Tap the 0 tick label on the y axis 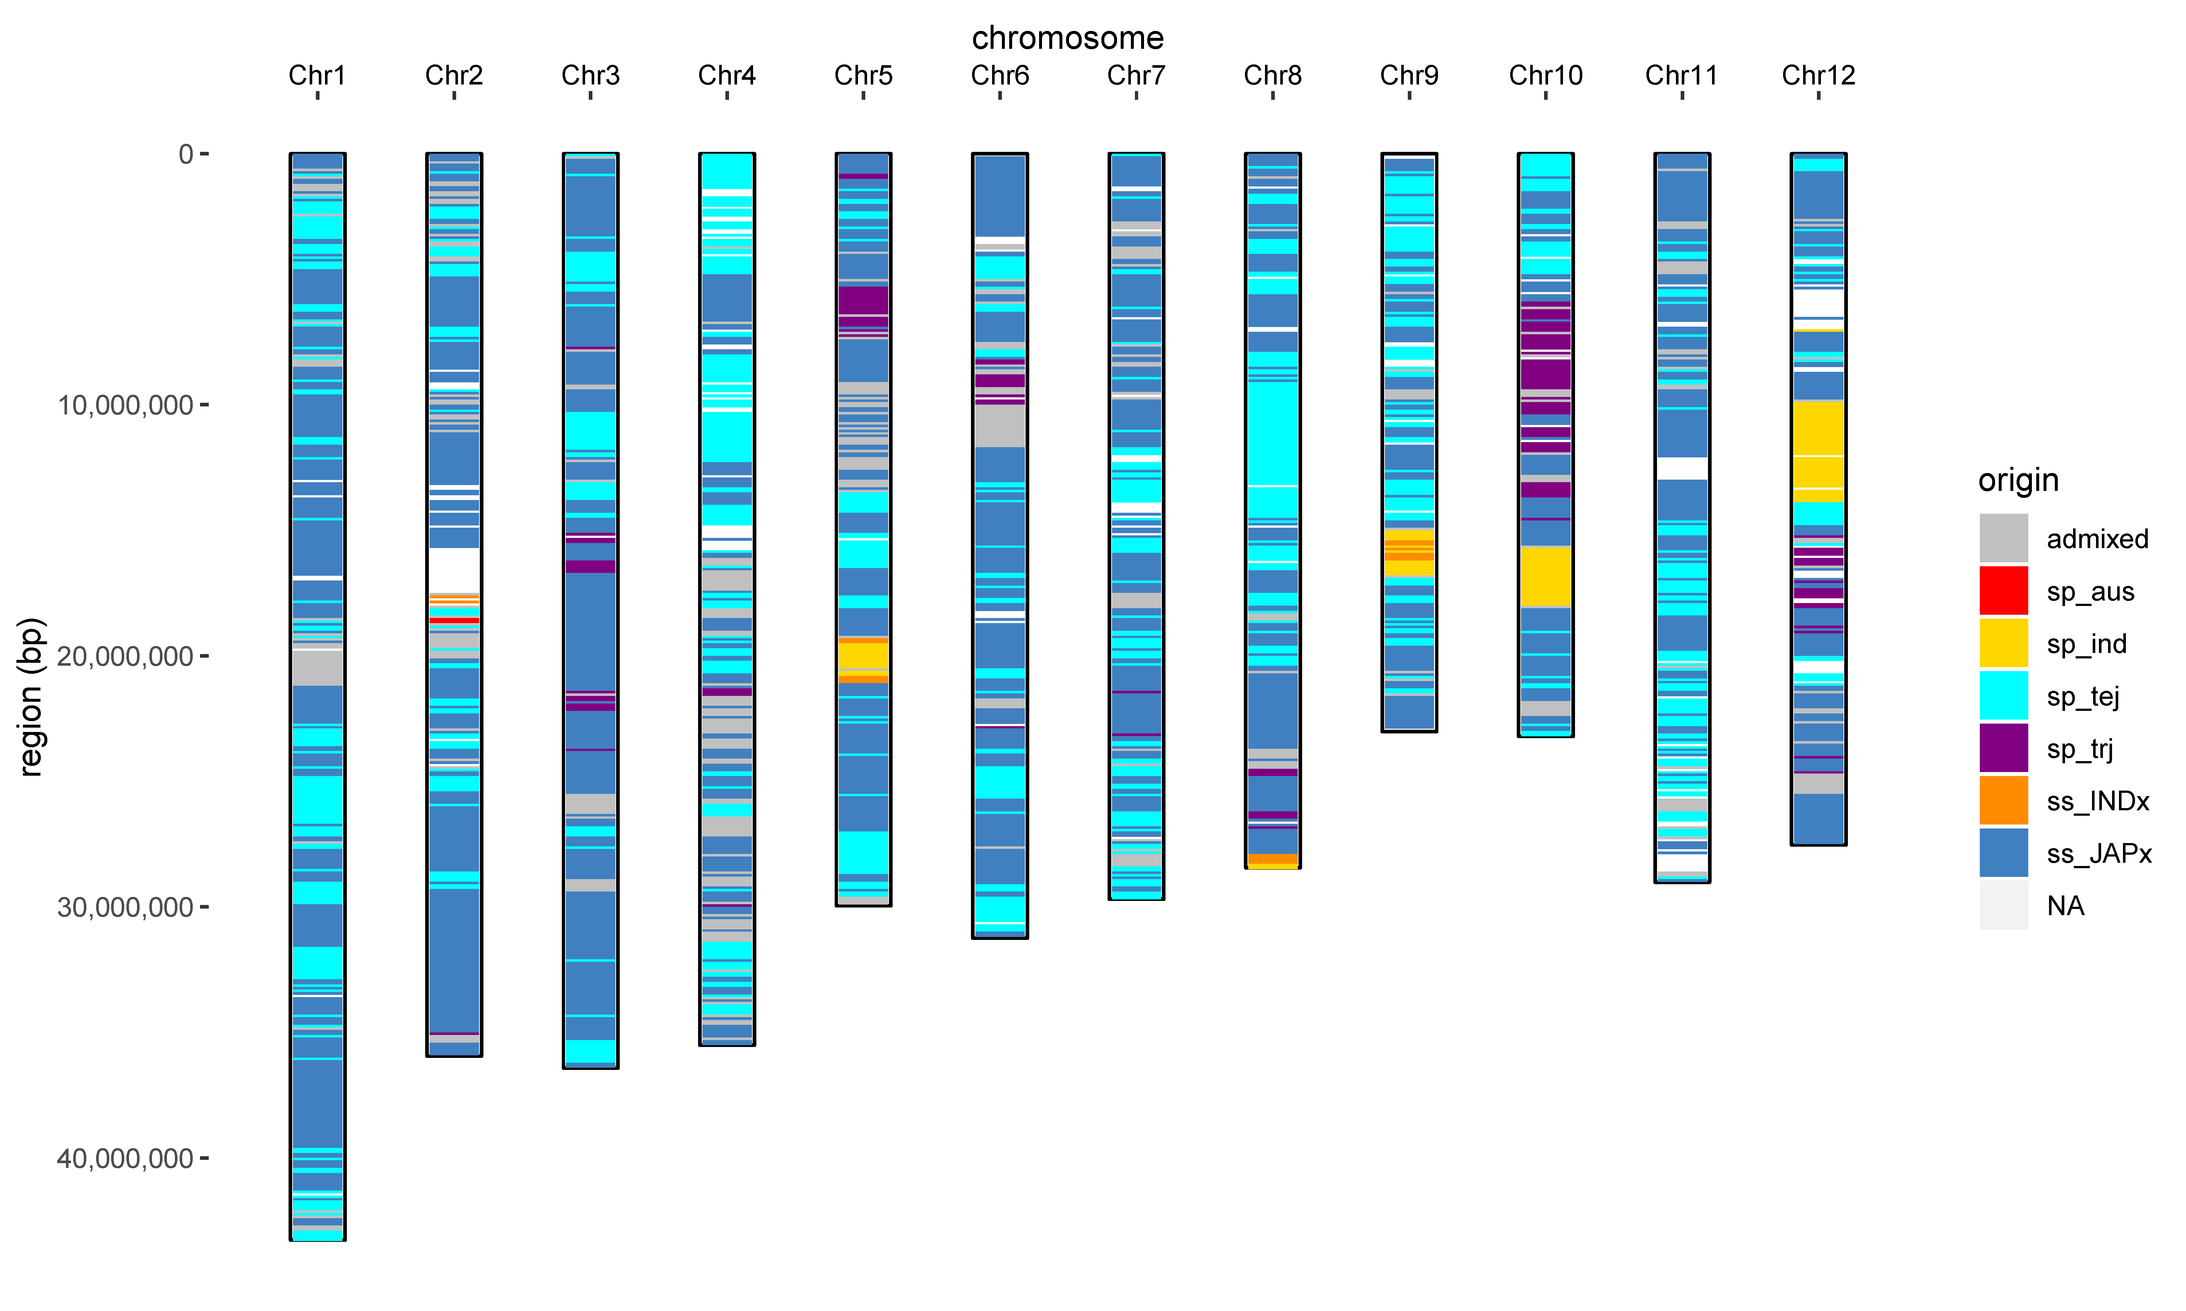(x=185, y=155)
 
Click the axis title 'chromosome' (x=1067, y=38)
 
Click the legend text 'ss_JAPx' (x=2099, y=853)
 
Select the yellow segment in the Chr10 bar (x=1546, y=576)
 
